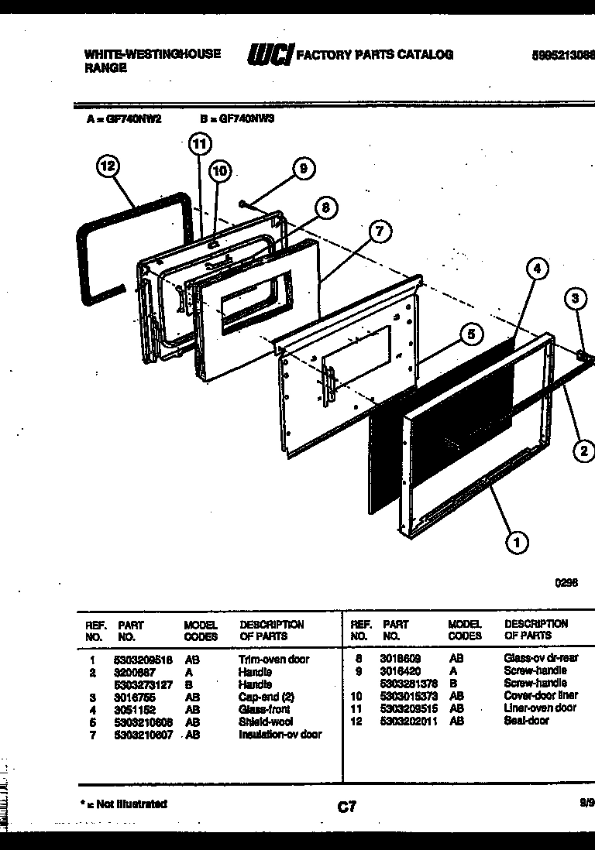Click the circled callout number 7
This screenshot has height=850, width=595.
point(379,230)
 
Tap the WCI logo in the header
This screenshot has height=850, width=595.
point(269,55)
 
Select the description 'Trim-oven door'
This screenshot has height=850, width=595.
point(273,660)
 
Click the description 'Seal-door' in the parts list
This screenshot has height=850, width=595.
point(526,721)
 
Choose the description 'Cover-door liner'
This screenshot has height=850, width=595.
point(540,696)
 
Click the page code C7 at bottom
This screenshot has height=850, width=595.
point(347,807)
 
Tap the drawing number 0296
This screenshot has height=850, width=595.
point(566,584)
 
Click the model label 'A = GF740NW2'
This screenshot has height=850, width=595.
point(123,120)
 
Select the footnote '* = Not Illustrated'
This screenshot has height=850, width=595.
point(124,804)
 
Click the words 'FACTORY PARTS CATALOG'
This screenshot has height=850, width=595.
point(375,54)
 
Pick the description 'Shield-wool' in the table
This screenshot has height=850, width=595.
point(267,721)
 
